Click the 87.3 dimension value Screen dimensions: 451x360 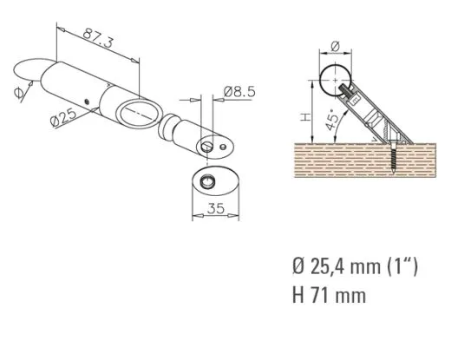click(x=97, y=38)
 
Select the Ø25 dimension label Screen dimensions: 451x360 click(x=63, y=117)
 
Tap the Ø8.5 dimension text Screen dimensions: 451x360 click(x=239, y=92)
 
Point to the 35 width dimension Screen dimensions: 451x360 click(x=216, y=208)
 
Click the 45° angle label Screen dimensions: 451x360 click(x=331, y=120)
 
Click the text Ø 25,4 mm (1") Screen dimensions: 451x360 click(x=355, y=266)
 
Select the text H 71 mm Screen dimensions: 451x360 click(x=330, y=295)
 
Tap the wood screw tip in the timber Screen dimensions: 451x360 click(x=395, y=173)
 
